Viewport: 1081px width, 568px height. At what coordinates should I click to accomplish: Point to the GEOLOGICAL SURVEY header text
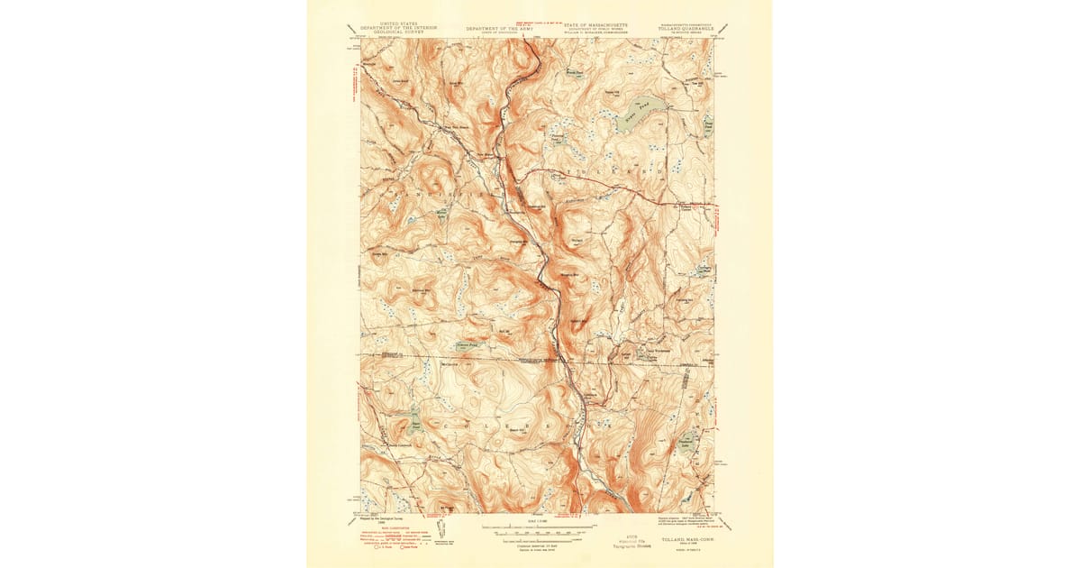click(x=398, y=32)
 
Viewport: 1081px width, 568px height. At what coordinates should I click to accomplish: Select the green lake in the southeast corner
click(x=688, y=444)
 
